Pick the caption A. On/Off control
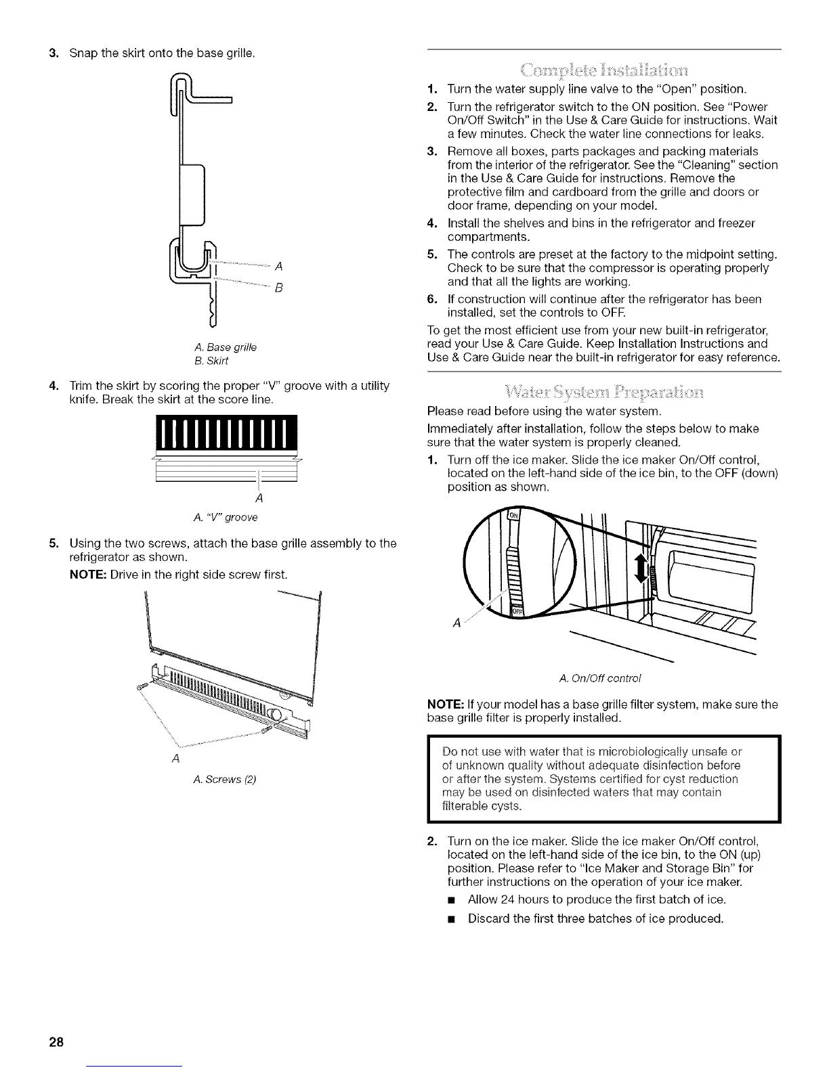coord(601,677)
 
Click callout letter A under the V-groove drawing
coord(258,499)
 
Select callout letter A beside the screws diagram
coord(176,758)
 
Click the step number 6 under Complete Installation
coord(431,299)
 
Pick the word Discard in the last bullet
coord(490,918)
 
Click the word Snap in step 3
coord(83,53)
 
